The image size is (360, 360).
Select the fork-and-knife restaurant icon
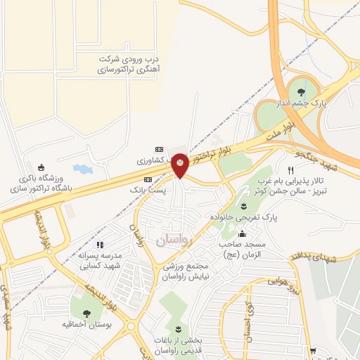point(290,171)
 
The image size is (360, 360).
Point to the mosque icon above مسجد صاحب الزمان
point(243,234)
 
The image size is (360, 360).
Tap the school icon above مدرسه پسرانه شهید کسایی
point(100,245)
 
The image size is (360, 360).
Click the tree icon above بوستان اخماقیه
point(86,314)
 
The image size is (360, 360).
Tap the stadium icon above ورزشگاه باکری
point(41,167)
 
